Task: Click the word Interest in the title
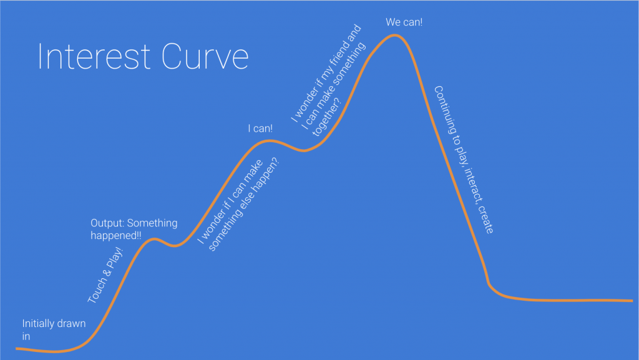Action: (x=94, y=56)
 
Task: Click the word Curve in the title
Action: (x=205, y=56)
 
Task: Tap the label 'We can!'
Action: (x=404, y=22)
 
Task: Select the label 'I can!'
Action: (x=260, y=129)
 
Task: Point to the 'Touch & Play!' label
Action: (x=105, y=275)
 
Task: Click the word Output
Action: (x=107, y=223)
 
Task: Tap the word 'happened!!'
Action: (x=115, y=235)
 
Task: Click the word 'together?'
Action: (x=326, y=117)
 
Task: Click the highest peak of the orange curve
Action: (x=394, y=36)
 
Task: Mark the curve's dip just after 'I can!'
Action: (x=304, y=151)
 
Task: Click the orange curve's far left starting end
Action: (x=16, y=349)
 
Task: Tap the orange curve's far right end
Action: (x=632, y=301)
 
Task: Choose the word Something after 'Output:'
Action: (x=152, y=223)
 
